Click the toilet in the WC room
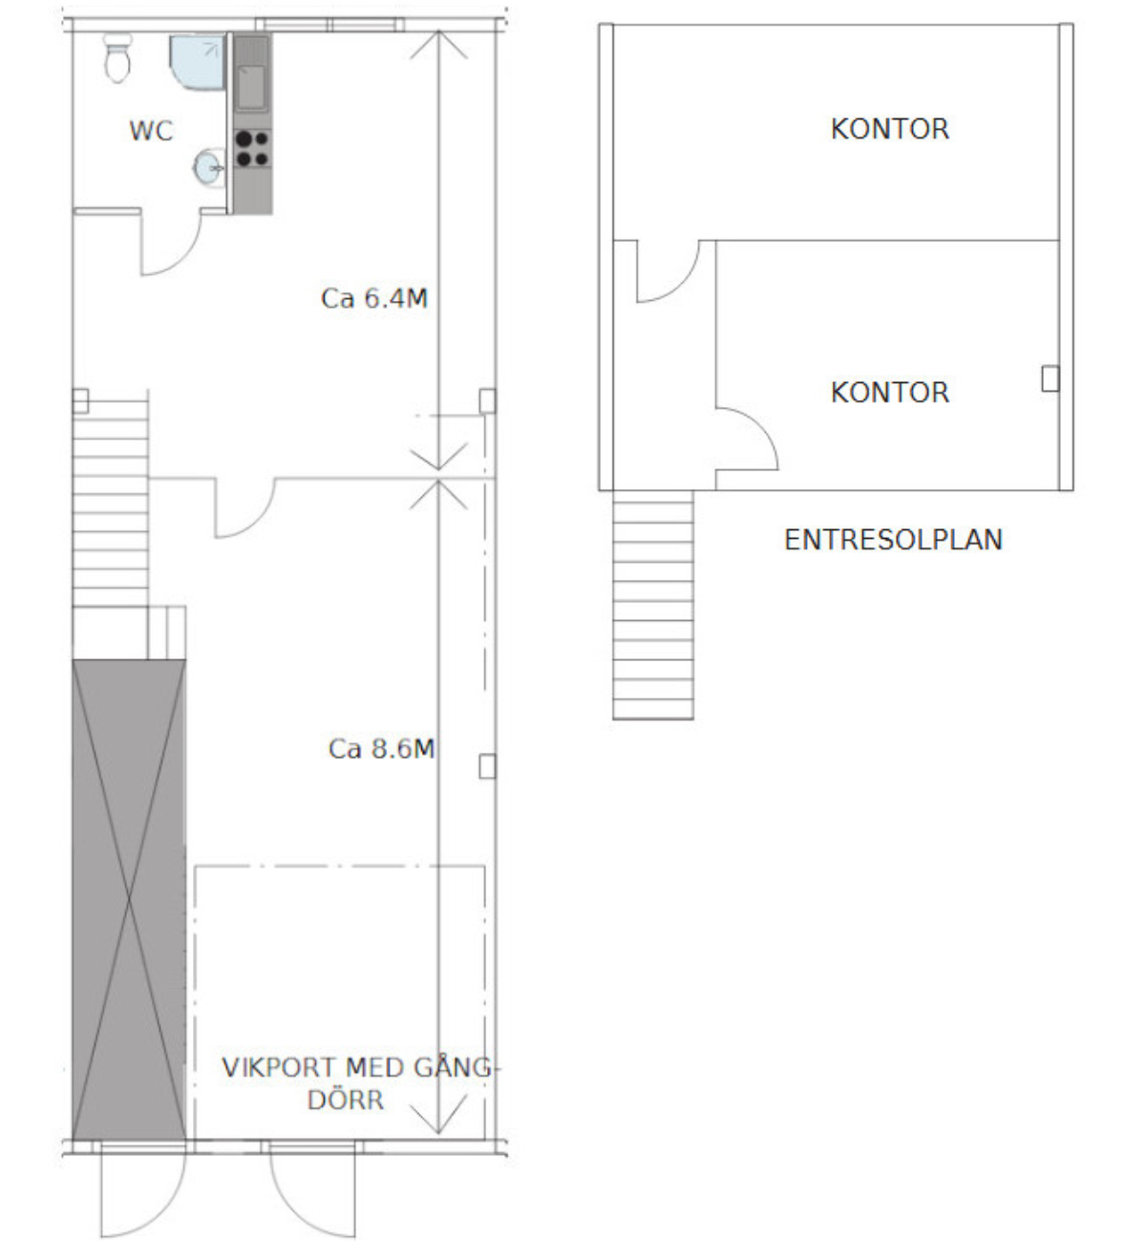(117, 57)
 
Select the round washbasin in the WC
(209, 167)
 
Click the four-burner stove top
(252, 149)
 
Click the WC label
(151, 131)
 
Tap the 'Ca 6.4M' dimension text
(373, 299)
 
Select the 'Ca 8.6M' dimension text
(381, 749)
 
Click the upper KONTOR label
(890, 129)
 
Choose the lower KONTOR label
(890, 393)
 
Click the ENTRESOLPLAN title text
(893, 540)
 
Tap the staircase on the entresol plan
(653, 605)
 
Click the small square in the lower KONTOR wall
(1050, 378)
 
